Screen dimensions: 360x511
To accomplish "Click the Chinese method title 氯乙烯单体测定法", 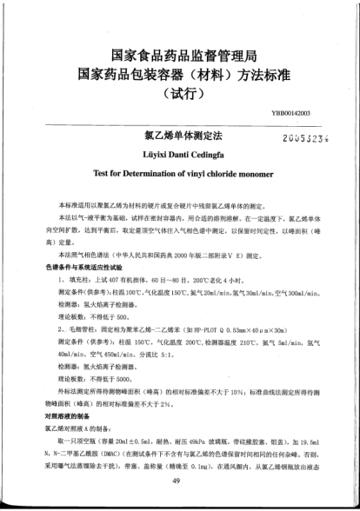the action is coord(183,136).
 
